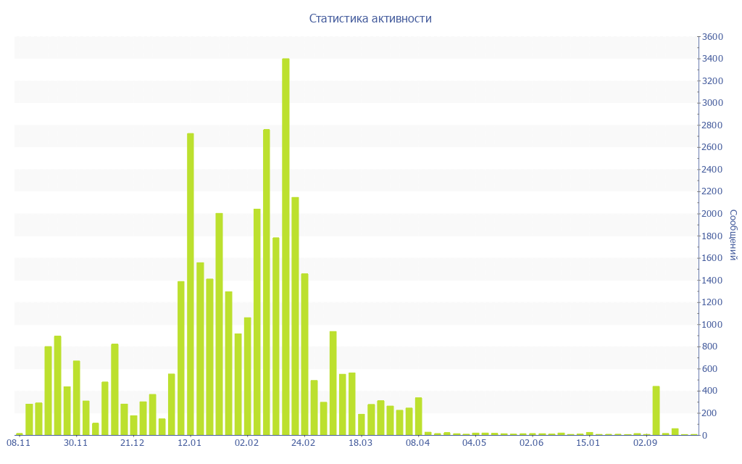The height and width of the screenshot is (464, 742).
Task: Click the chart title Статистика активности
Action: [x=370, y=19]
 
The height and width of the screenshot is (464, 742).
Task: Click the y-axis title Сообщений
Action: [x=733, y=235]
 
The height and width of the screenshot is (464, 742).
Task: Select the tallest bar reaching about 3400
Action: [x=285, y=246]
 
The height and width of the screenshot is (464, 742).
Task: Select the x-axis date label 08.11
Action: [x=18, y=443]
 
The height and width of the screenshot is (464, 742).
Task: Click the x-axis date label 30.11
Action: [x=75, y=443]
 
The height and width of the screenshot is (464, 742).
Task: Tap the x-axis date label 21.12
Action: [x=133, y=443]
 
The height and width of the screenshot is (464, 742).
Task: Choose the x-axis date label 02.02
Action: [x=246, y=443]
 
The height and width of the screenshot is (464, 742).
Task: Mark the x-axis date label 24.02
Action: [x=304, y=443]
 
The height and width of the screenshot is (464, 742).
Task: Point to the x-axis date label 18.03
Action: [x=360, y=443]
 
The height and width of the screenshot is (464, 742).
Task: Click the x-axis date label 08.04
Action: [x=418, y=443]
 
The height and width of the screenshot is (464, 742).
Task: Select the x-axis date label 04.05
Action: [x=475, y=443]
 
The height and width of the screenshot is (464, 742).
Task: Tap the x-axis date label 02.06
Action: [x=532, y=443]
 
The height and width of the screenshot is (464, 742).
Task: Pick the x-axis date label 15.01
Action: [x=588, y=443]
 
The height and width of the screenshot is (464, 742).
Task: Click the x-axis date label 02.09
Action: [x=646, y=443]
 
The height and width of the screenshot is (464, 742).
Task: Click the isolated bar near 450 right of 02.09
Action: [x=656, y=410]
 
